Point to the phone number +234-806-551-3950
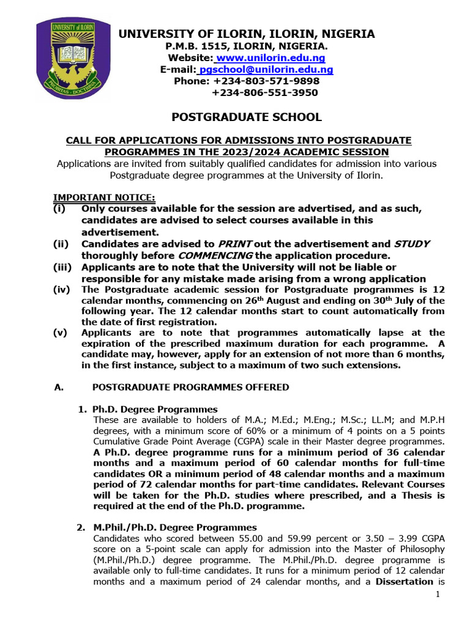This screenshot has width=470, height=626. point(265,93)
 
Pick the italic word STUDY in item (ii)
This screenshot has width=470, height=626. point(412,243)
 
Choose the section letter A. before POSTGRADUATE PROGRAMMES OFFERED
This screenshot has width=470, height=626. point(59,387)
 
